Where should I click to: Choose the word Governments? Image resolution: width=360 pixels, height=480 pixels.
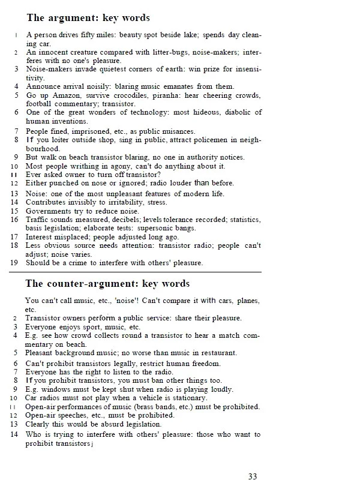point(48,211)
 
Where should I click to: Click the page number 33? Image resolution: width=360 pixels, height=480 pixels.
point(253,476)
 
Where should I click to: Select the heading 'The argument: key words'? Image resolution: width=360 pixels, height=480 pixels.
point(88,19)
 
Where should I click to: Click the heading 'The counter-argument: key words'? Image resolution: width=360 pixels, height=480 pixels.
point(108,283)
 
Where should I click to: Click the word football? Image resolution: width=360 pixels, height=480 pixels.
point(41,104)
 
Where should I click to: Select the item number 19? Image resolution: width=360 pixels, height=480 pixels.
point(14,263)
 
